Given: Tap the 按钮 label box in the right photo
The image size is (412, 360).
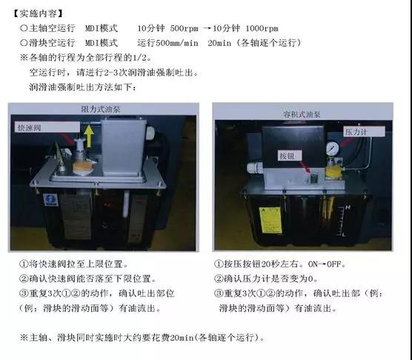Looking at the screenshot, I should (x=287, y=157).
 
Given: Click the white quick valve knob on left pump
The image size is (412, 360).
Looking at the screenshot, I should (x=73, y=148).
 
